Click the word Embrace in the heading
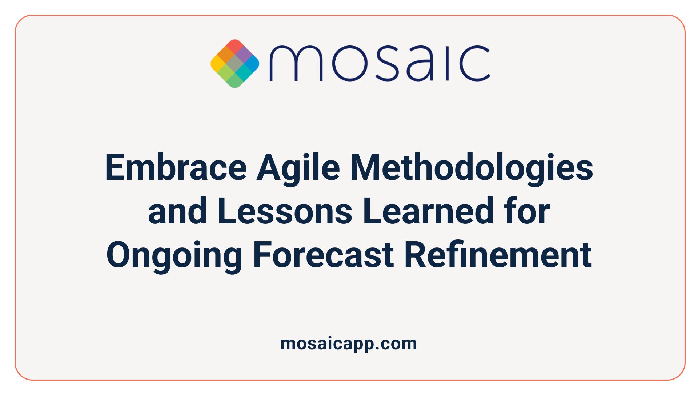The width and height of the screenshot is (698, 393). (176, 168)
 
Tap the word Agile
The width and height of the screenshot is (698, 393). (298, 168)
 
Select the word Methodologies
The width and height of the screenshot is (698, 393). (471, 168)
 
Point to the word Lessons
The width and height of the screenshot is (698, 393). (285, 211)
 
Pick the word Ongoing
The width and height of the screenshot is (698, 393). (174, 255)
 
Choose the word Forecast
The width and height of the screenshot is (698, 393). (323, 255)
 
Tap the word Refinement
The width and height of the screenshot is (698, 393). (498, 255)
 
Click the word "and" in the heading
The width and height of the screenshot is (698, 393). (177, 211)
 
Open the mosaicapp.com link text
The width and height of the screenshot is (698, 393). (349, 344)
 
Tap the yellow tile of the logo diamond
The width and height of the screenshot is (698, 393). (217, 64)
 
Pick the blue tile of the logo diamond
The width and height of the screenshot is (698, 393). (252, 64)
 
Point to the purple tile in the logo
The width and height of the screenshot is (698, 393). (244, 55)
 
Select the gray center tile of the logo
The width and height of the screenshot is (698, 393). (235, 64)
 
